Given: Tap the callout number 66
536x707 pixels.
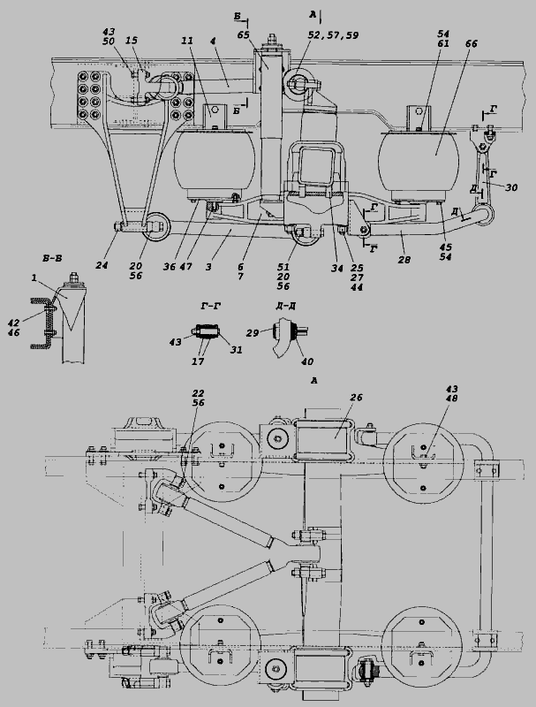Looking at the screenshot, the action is pyautogui.click(x=472, y=43).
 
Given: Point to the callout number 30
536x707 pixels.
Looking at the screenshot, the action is pyautogui.click(x=511, y=187).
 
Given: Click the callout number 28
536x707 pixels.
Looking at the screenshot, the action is pyautogui.click(x=404, y=260).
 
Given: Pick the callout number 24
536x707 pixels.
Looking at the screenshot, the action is pyautogui.click(x=102, y=266).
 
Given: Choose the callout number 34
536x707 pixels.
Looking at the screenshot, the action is pyautogui.click(x=337, y=269).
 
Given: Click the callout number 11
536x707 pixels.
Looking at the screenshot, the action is pyautogui.click(x=187, y=41).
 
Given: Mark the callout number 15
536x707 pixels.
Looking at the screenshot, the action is pyautogui.click(x=132, y=41).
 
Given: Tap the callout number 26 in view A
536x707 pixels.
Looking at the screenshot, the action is pyautogui.click(x=356, y=398).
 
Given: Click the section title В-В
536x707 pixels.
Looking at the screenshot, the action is pyautogui.click(x=52, y=258).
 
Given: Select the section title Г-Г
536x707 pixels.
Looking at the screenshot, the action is pyautogui.click(x=210, y=306).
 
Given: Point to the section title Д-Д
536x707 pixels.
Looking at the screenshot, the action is pyautogui.click(x=285, y=306).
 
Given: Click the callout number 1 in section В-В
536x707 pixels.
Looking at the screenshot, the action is pyautogui.click(x=34, y=278).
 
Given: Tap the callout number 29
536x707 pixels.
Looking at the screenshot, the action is pyautogui.click(x=253, y=333).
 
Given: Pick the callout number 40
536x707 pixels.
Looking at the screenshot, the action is pyautogui.click(x=307, y=361).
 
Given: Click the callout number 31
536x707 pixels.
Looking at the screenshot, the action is pyautogui.click(x=237, y=350).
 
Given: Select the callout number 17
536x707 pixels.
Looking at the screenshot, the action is pyautogui.click(x=198, y=361).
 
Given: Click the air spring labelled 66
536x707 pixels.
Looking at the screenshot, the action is pyautogui.click(x=419, y=164).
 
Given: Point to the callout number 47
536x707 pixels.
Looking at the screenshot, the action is pyautogui.click(x=186, y=267).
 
